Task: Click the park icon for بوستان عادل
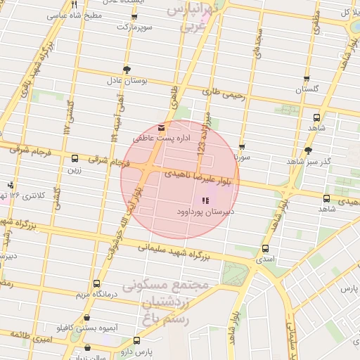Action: tap(127, 69)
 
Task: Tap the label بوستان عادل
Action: tap(127, 82)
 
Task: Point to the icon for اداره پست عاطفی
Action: tap(162, 127)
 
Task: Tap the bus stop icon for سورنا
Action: tap(242, 148)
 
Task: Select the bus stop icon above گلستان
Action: tap(306, 79)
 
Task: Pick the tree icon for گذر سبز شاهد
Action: tap(307, 151)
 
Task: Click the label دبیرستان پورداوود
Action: tap(204, 212)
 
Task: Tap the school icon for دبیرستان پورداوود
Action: tap(205, 201)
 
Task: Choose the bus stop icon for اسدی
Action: tap(265, 248)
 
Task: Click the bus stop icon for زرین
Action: tap(75, 158)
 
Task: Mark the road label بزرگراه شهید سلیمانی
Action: tap(172, 251)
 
